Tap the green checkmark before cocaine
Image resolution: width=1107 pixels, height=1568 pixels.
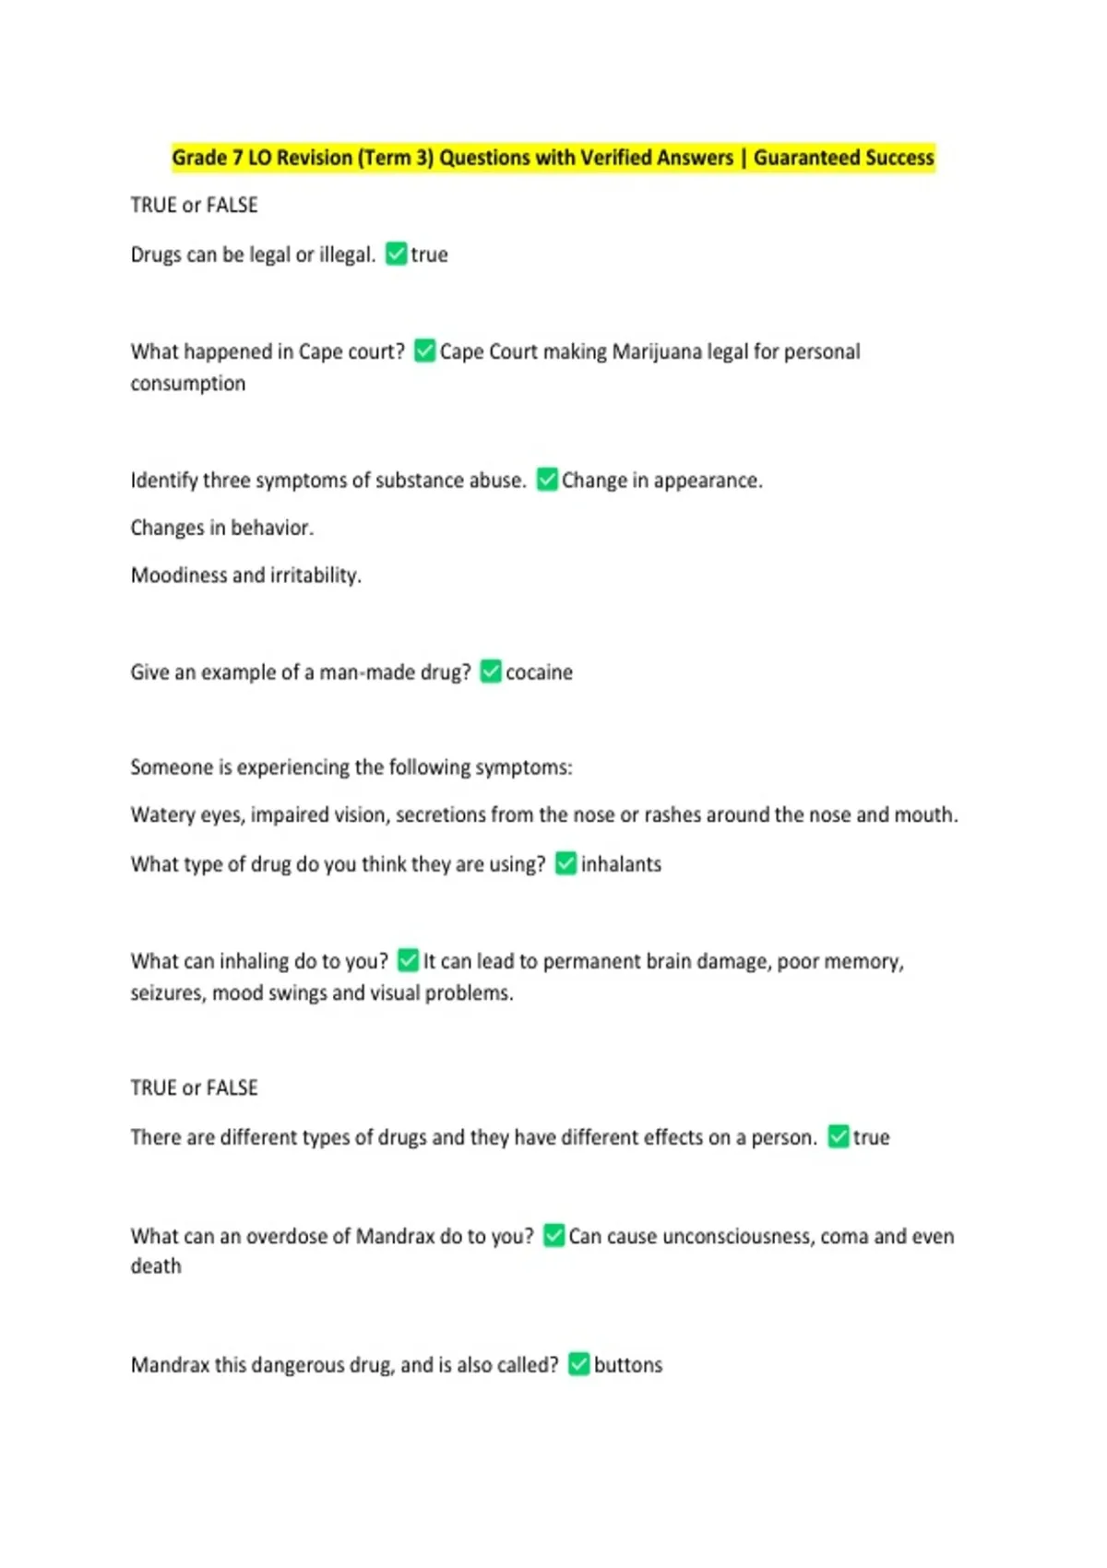click(x=491, y=671)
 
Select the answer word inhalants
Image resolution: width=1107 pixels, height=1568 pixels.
click(x=621, y=864)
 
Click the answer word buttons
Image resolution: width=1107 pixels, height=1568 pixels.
click(x=628, y=1365)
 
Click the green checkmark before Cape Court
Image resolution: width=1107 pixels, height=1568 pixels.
click(x=424, y=350)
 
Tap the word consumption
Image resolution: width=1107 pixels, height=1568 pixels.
click(x=188, y=384)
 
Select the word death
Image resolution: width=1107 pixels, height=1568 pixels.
click(x=156, y=1266)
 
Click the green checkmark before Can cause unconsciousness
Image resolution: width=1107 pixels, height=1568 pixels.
click(x=553, y=1235)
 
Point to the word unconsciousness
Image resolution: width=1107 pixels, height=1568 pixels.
click(x=738, y=1236)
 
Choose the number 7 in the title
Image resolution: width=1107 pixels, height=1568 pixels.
click(x=237, y=158)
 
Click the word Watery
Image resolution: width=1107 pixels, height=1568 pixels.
click(x=163, y=815)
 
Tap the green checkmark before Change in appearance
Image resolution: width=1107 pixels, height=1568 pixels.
click(x=547, y=480)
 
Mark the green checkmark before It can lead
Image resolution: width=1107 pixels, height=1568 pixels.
click(x=408, y=961)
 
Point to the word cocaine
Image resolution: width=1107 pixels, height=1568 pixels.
click(x=539, y=672)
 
